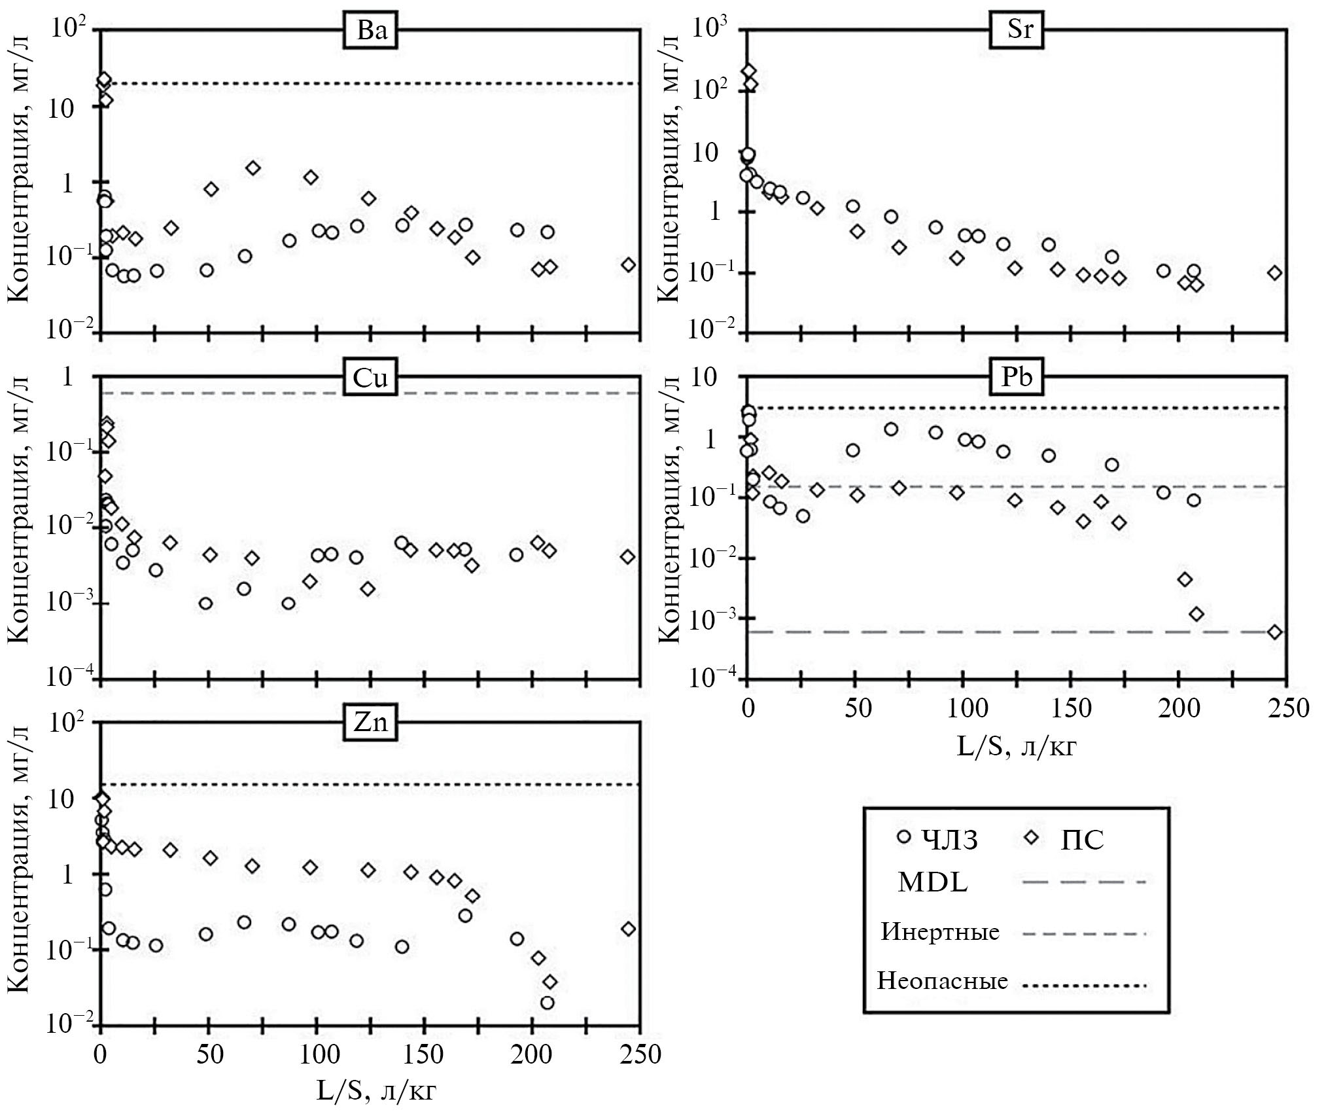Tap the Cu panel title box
370,379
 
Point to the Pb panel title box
1017,378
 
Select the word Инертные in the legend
940,931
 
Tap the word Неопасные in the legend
942,981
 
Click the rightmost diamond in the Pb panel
1274,632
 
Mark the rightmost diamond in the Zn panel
628,929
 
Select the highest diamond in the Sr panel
750,71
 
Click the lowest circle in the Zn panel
548,1003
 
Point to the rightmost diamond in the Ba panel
629,264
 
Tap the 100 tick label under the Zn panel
317,1054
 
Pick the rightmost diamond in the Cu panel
628,557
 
